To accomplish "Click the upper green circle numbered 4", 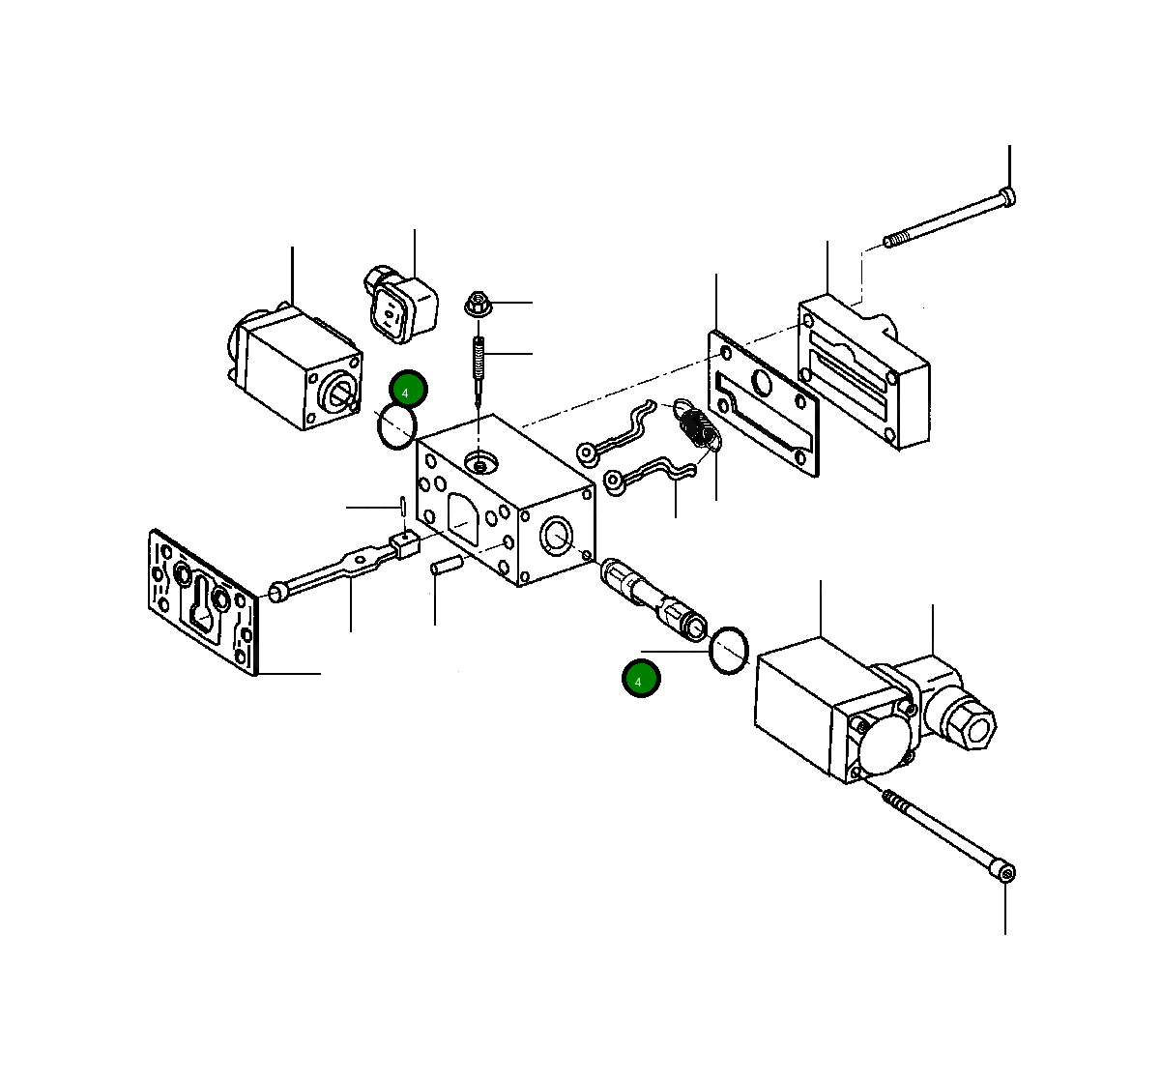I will coord(408,390).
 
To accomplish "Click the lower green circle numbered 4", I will coord(640,679).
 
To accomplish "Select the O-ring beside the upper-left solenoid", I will coord(396,426).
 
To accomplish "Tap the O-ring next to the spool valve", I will coord(729,651).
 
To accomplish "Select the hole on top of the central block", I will coord(480,465).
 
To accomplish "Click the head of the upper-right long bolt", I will coord(1007,198).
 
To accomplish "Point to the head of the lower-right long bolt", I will coord(1006,873).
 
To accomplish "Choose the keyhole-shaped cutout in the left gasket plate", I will coord(206,604).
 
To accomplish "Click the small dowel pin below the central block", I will coord(447,565).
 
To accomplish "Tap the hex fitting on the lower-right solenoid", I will coord(968,721).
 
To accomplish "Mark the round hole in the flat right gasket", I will coord(760,383).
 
